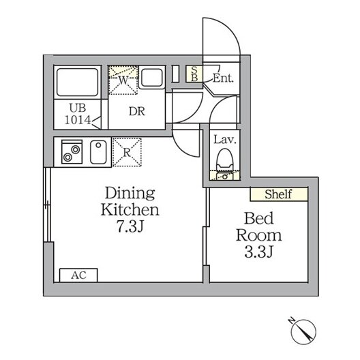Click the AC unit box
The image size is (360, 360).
(x=78, y=275)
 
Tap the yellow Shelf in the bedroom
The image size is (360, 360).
(x=279, y=194)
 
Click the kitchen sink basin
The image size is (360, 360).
(x=98, y=152)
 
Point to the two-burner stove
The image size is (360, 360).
(x=72, y=151)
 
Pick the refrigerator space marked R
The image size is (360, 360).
(x=127, y=152)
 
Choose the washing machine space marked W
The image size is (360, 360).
(x=123, y=80)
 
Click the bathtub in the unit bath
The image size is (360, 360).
(x=77, y=82)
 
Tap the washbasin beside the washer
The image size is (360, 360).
(x=152, y=77)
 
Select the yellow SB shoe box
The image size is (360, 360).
(x=194, y=74)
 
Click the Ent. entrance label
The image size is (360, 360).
(x=223, y=78)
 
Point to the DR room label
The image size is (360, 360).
(x=137, y=112)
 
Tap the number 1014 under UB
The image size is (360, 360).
(x=78, y=120)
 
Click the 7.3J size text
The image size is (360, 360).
(x=130, y=226)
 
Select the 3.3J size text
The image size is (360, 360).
(x=259, y=252)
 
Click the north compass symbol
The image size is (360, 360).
(x=303, y=331)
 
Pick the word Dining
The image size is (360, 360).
(x=130, y=194)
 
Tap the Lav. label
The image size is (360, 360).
(x=225, y=140)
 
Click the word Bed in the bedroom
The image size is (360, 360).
(x=259, y=218)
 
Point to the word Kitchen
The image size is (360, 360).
(x=130, y=209)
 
